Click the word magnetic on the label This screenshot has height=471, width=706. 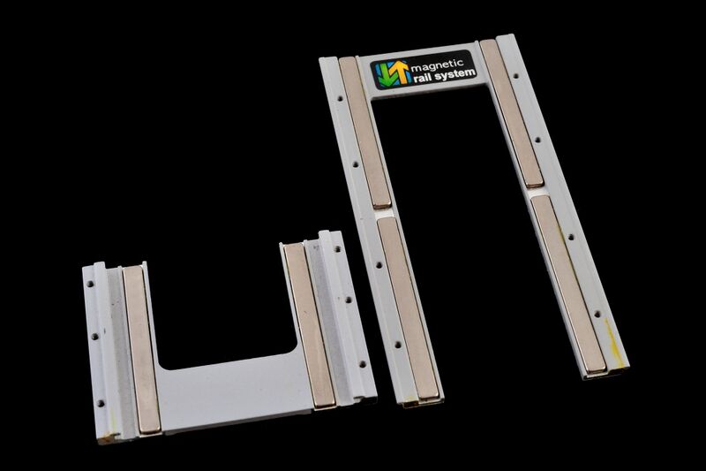point(437,65)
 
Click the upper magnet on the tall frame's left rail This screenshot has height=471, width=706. point(365,133)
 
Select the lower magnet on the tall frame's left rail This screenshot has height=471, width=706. point(409,308)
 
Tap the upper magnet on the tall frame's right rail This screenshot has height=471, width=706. point(512,113)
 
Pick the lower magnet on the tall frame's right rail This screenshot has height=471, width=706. point(568,285)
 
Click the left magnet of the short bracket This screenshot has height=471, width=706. point(141,350)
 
